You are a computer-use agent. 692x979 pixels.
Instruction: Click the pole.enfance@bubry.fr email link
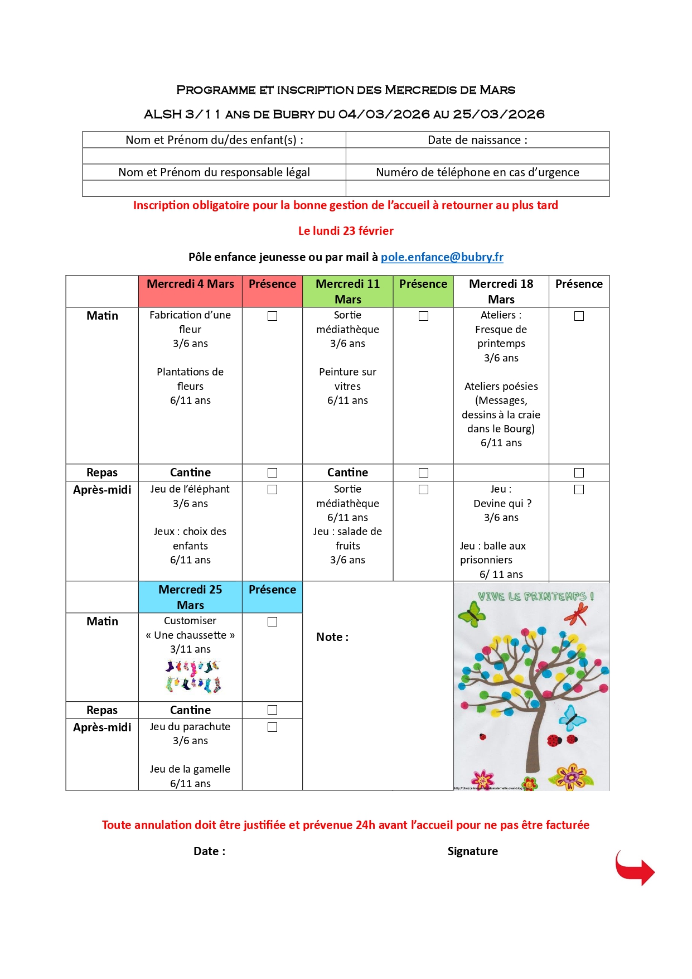point(442,257)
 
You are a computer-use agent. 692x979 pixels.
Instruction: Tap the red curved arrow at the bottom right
point(635,868)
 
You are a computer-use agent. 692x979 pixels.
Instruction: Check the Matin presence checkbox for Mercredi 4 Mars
point(272,316)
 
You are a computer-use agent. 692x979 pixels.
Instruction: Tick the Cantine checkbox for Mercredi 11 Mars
point(423,472)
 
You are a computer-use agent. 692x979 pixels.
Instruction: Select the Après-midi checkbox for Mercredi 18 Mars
point(579,489)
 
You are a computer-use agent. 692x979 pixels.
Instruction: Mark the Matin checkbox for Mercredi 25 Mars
point(272,621)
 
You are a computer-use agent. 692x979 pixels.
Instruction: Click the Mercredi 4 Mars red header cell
point(190,284)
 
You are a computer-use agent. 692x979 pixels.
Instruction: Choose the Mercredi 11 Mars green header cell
point(347,291)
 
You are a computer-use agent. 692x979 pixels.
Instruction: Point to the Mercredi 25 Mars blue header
point(190,597)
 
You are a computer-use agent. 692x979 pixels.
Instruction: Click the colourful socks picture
point(193,676)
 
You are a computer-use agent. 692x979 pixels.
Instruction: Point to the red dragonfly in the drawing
point(577,614)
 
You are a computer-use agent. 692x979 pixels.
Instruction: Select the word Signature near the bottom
point(472,851)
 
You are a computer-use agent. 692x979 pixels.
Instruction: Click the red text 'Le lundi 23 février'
point(346,231)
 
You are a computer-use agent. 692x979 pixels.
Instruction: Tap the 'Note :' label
point(332,637)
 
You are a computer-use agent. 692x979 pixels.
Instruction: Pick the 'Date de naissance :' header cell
point(477,140)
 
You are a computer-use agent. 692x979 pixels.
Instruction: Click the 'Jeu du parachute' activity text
point(190,727)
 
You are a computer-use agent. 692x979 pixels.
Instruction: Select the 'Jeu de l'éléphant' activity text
point(190,489)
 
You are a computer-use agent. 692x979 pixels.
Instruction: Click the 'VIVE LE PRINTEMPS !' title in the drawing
point(535,596)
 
